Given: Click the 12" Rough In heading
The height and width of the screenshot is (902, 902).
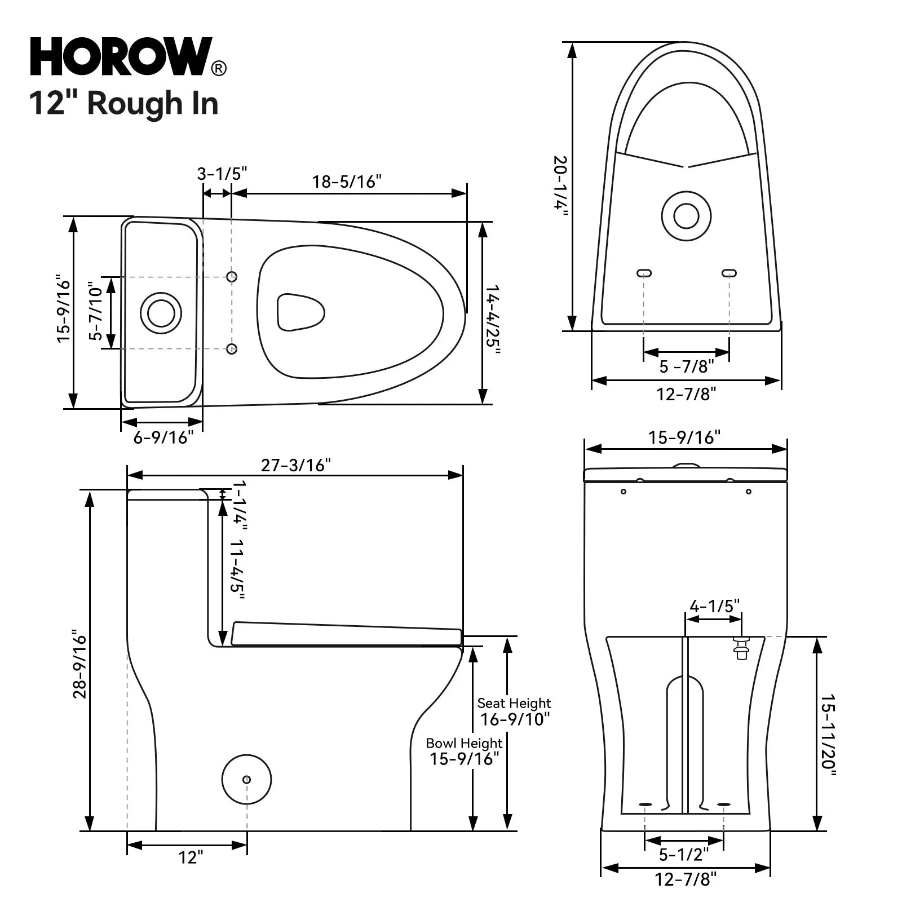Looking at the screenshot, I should coord(123,103).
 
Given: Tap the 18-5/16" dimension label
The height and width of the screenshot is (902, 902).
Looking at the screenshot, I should coord(347,182).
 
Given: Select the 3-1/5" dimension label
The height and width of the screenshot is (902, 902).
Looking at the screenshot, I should coord(222,174).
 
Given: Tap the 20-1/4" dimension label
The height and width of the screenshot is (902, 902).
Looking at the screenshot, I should coord(560,183).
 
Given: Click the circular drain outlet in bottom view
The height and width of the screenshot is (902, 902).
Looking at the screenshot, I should coord(686,215).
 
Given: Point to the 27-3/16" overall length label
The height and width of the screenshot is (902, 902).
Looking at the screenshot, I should coord(295,465).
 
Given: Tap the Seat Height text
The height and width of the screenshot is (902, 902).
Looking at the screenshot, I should coord(514,703).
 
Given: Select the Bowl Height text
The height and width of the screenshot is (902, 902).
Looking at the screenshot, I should coord(464,743).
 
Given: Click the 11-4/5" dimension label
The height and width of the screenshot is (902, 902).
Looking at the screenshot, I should coord(237,569).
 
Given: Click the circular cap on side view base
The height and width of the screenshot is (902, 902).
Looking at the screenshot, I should coord(246,780).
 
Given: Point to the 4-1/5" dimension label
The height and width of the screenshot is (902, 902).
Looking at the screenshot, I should coord(714,606).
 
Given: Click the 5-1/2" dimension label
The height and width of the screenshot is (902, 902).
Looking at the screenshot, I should coord(684,855).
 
